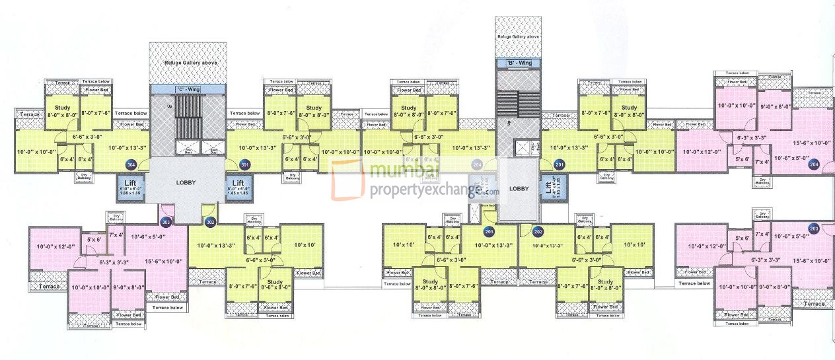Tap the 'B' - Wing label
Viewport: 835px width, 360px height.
(x=519, y=63)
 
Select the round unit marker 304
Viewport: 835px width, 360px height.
(x=131, y=165)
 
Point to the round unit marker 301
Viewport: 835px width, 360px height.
(x=245, y=164)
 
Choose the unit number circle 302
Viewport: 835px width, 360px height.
(x=211, y=222)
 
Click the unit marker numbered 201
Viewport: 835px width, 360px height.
(x=560, y=164)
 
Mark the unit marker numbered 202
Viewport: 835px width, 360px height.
(x=538, y=231)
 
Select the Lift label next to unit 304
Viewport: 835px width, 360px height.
(x=127, y=183)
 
